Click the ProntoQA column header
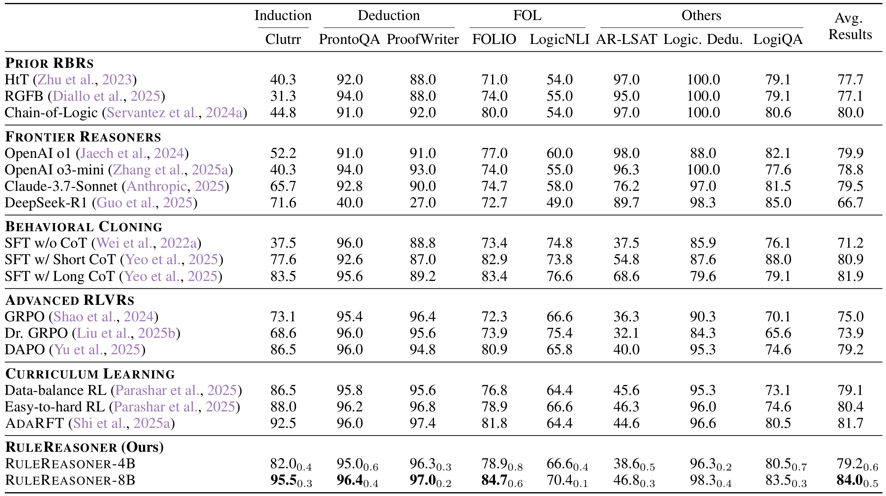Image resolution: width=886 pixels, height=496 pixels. pos(349,39)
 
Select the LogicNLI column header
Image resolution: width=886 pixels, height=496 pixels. pos(559,39)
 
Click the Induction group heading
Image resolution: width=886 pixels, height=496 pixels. pos(283,15)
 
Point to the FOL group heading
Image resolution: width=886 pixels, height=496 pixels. pos(527,15)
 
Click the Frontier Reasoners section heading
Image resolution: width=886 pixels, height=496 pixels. pos(83,137)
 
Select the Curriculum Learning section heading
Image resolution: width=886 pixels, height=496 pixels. pos(90,374)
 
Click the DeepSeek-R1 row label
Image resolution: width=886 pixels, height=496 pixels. pos(46,202)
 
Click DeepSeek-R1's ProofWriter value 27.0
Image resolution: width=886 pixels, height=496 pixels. pos(422,202)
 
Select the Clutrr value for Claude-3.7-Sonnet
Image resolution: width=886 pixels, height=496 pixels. pos(283,186)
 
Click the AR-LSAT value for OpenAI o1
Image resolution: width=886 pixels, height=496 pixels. pos(626,153)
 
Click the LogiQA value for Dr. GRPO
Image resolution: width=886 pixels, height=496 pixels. pos(778,333)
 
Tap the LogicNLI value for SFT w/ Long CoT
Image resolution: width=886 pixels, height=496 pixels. pos(559,276)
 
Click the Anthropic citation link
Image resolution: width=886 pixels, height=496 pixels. pos(157,186)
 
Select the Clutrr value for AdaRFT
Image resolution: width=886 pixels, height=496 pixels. pos(283,423)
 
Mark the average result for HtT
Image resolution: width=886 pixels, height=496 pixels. pos(850,79)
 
